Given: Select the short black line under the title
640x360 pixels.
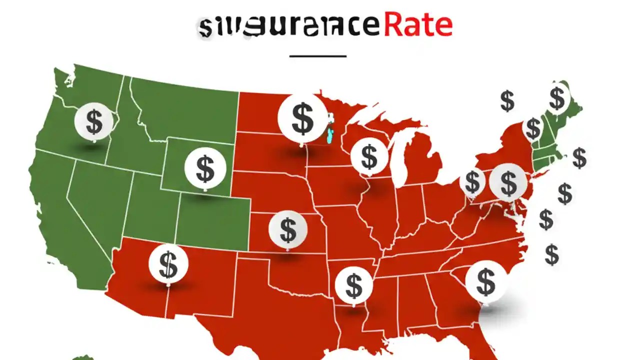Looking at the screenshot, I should coord(318,56).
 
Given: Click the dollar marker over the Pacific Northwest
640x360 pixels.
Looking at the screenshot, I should coord(93,121).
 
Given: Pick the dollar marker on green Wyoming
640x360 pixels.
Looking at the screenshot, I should coord(205,168).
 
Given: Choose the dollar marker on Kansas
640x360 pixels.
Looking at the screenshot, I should coord(287,230).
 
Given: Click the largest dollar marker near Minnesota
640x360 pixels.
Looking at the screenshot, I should coord(302,118).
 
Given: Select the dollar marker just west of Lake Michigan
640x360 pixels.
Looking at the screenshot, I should coord(369,157).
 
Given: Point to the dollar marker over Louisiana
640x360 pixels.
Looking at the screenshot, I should coord(353,285).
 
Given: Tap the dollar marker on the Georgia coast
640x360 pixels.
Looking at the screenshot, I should coord(485,281).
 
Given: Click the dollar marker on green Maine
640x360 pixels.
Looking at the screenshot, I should coord(556,98).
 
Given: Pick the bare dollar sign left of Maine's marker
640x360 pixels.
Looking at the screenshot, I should coord(507,101).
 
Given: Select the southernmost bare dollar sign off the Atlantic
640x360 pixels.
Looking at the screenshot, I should coord(551,254).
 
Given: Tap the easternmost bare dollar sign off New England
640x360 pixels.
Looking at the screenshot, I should coord(579,158).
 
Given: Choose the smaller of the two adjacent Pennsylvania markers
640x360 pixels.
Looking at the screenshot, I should coord(472,182).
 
